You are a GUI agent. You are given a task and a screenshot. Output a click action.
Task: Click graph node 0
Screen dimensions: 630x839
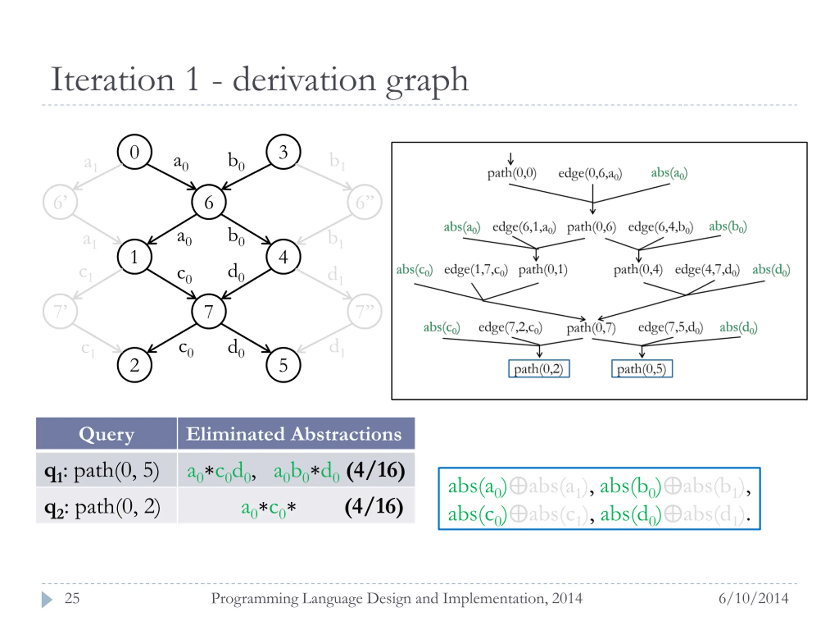(134, 152)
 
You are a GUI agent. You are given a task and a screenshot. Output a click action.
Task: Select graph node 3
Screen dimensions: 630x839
(283, 152)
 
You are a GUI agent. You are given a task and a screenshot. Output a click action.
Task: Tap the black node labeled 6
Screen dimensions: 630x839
(209, 202)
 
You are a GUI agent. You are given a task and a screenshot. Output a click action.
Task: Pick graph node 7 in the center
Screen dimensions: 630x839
(209, 311)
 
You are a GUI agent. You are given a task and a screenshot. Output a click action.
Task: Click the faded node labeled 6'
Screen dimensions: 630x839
(60, 202)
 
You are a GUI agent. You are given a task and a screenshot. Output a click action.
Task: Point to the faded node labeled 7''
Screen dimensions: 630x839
(364, 311)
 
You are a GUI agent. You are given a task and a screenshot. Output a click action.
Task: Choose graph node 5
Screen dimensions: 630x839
(283, 365)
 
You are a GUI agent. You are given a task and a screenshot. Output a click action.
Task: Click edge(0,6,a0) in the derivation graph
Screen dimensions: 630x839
(590, 174)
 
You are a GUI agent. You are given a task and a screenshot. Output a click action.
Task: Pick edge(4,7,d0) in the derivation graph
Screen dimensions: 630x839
(707, 270)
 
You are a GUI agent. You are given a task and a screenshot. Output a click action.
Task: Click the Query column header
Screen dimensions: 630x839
(106, 434)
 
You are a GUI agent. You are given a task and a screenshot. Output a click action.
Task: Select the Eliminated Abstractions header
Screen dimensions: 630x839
(294, 434)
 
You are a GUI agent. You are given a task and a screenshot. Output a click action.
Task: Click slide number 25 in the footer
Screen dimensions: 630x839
(72, 598)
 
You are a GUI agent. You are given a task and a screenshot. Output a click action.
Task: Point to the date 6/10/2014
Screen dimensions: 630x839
(753, 598)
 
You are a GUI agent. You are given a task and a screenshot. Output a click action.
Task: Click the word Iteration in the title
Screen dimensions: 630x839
(112, 80)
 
